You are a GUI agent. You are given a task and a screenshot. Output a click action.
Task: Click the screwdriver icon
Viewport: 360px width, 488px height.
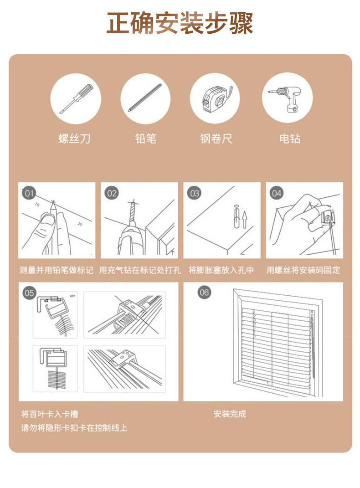coord(76,98)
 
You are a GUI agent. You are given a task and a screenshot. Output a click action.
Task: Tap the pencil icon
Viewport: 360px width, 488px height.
coord(145,98)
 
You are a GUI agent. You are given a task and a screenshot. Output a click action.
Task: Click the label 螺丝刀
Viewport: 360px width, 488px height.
coord(74,139)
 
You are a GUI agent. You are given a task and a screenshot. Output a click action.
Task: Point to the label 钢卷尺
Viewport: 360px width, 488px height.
coord(216,139)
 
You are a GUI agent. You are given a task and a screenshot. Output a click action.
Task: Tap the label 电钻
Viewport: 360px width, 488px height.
coord(290,139)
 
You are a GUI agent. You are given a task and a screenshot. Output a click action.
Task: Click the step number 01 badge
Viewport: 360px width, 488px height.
coord(29,193)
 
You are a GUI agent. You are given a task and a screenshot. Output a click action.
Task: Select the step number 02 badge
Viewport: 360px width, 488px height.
coord(112,193)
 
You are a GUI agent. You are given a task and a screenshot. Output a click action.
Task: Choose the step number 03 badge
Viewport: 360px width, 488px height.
coord(195,193)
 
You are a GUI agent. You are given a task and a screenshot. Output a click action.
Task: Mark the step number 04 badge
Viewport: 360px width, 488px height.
coord(277,193)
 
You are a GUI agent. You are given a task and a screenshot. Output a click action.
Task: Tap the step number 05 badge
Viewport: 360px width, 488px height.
coord(29,293)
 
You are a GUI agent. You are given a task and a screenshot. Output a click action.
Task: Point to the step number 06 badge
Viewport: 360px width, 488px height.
coord(204,292)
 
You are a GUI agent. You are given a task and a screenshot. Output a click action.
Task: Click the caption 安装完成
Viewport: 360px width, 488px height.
coord(230,414)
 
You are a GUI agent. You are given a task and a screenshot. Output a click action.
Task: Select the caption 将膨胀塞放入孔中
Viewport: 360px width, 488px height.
coord(221,270)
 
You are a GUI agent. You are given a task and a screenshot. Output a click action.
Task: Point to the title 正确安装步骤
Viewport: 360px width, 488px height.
coord(180,23)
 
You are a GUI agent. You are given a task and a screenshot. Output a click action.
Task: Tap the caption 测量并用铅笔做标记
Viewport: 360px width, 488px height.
coord(57,270)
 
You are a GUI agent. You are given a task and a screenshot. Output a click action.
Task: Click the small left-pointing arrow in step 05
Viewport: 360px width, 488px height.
coord(73,296)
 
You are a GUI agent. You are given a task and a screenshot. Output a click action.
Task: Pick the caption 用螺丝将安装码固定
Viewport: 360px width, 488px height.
coord(303,270)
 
